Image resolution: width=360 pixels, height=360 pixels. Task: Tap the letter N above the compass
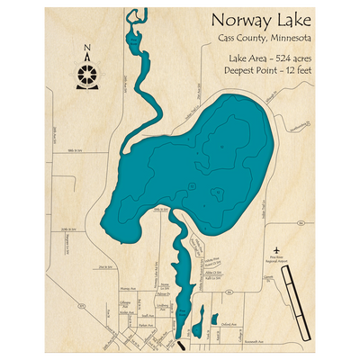(86, 52)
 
